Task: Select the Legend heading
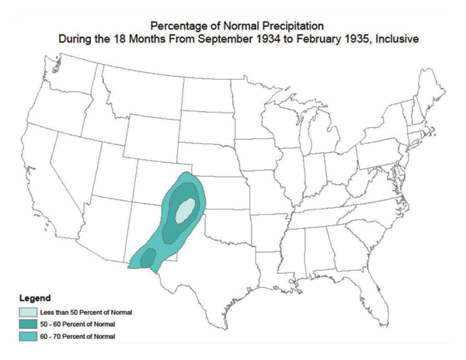(x=37, y=298)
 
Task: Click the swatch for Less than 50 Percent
(x=30, y=312)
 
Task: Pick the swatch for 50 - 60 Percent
(x=30, y=324)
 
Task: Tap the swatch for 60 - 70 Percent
(x=30, y=337)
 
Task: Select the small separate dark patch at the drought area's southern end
(x=148, y=258)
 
